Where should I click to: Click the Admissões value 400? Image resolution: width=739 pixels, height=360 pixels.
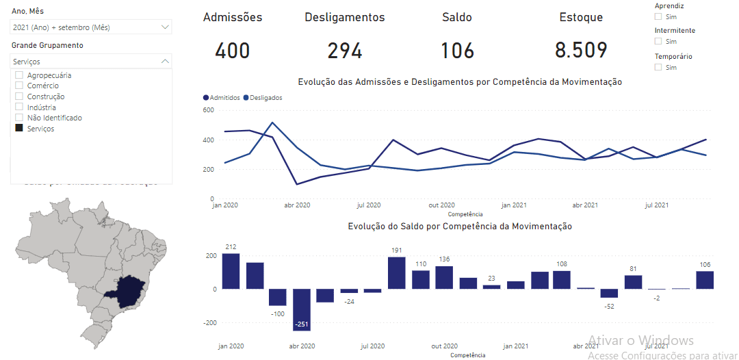point(233,51)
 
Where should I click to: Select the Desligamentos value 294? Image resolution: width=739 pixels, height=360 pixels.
point(345,51)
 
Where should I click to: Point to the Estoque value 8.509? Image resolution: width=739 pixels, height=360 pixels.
point(581,51)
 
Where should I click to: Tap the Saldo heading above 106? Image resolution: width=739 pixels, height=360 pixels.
point(457,18)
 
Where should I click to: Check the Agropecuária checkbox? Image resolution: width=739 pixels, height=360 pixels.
point(19,75)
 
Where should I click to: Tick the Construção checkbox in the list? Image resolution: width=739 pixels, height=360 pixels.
point(19,97)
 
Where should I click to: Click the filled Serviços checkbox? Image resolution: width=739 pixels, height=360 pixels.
point(19,129)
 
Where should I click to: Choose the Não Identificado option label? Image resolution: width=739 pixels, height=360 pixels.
point(54,118)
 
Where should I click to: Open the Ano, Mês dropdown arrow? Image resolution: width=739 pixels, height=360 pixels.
point(165,27)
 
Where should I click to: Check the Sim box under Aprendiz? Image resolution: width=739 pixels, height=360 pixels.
point(658,16)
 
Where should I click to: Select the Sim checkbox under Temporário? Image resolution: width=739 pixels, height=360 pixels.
point(658,67)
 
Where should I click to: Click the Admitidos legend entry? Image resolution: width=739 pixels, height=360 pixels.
point(222,98)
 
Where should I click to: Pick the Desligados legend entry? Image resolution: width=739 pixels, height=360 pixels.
point(263,98)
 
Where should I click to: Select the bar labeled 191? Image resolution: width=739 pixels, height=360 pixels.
point(397,272)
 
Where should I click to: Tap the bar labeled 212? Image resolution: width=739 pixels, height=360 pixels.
point(231,271)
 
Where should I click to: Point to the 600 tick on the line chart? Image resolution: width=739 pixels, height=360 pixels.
point(209,110)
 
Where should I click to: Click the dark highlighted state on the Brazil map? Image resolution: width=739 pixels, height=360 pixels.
point(130,292)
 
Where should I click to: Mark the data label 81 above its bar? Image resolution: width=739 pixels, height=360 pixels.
point(633,268)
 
